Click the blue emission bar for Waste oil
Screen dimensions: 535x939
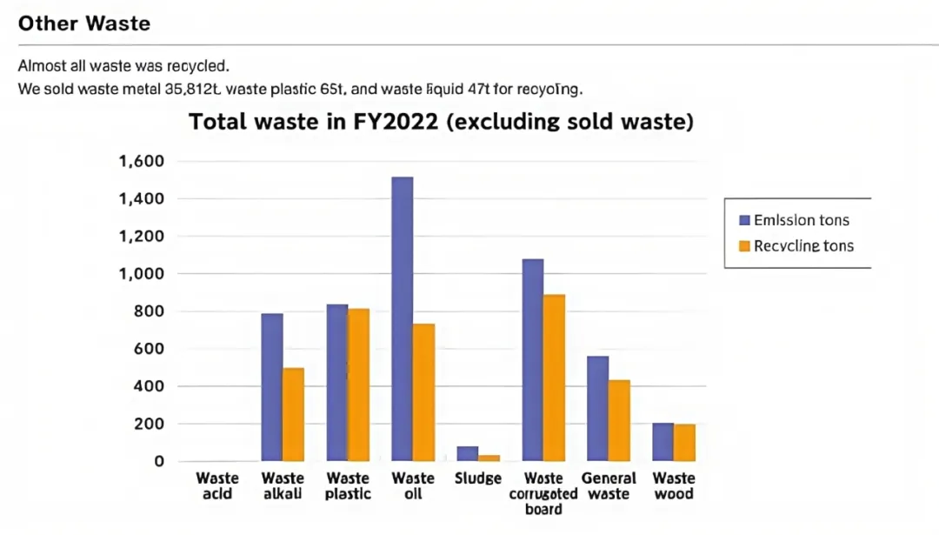coord(402,318)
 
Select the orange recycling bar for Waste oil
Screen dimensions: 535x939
coord(423,392)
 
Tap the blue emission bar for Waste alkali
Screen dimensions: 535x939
coord(272,387)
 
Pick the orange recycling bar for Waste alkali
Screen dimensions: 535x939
coord(293,414)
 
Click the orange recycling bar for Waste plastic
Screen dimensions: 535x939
coord(358,385)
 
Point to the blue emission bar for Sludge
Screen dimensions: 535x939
coord(467,453)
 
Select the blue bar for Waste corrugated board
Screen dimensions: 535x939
coord(532,360)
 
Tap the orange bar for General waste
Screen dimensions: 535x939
coord(619,420)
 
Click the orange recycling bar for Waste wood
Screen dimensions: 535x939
coord(684,442)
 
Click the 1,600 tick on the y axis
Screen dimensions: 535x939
coord(141,162)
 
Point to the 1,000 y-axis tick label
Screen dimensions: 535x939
coord(141,274)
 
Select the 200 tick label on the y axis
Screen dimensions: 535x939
coord(147,424)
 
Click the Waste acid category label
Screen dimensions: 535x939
coord(217,486)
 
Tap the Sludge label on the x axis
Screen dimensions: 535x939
coord(477,478)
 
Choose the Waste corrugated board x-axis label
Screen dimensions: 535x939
coord(543,493)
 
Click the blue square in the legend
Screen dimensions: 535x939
coord(744,220)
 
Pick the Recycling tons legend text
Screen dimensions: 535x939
coord(803,246)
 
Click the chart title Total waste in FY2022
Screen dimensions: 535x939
coord(441,122)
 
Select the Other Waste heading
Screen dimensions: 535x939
coord(84,23)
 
